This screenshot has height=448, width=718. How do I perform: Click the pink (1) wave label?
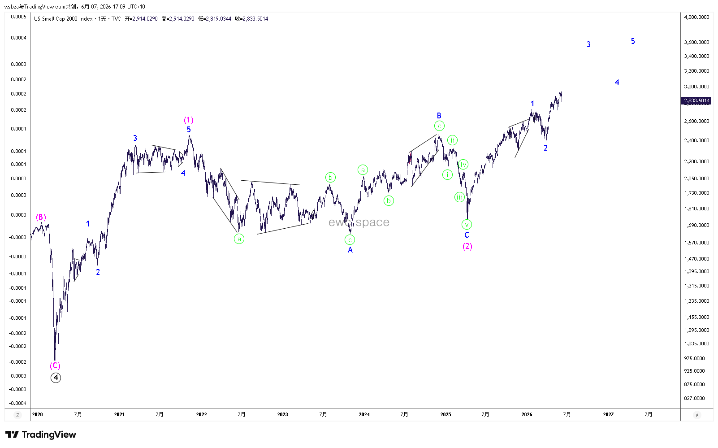pos(189,120)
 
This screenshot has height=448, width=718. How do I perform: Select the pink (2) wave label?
pos(467,246)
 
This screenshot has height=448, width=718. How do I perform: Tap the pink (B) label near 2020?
pos(41,217)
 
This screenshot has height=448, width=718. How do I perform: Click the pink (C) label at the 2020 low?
pos(55,365)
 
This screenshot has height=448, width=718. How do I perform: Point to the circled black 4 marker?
pos(56,378)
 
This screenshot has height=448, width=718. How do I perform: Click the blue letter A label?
pos(350,250)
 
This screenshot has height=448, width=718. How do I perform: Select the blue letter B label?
pos(439,115)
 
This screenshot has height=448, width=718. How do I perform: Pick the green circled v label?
pos(467,225)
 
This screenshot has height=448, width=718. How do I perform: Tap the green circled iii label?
pos(459,197)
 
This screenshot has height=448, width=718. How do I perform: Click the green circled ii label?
pos(452,140)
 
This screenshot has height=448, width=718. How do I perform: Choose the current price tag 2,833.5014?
pos(696,101)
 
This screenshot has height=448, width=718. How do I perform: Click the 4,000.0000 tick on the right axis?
pos(696,17)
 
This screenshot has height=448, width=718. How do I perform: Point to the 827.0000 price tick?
pos(694,398)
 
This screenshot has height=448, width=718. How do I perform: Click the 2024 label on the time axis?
pos(364,414)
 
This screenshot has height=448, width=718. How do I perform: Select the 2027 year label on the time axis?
pos(608,414)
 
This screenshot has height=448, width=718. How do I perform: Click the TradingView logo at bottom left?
pos(41,435)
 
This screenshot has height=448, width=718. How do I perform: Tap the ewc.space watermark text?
pos(359,222)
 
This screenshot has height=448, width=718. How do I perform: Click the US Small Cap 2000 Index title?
pos(63,18)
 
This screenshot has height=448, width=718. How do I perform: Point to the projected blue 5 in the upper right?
pos(633,41)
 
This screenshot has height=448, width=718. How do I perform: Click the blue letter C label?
pos(467,235)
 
